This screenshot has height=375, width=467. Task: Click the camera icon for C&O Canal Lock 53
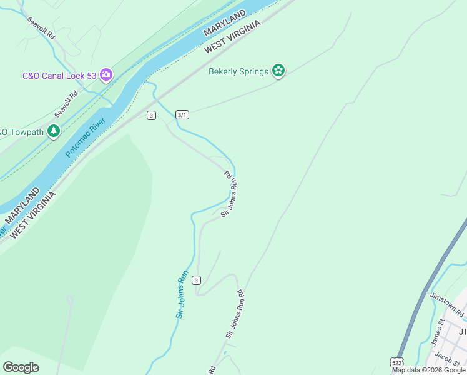click(106, 75)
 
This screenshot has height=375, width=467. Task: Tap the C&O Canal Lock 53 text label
click(59, 76)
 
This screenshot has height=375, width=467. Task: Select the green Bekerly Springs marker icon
click(278, 71)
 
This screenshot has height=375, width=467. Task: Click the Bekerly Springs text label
click(238, 71)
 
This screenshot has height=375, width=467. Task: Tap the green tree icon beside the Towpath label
click(54, 131)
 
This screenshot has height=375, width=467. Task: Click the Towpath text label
click(21, 132)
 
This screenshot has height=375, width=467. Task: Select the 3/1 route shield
click(182, 115)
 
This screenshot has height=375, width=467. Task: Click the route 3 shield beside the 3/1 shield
click(151, 115)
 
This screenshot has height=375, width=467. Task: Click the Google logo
click(21, 367)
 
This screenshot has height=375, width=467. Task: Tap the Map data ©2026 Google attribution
click(429, 371)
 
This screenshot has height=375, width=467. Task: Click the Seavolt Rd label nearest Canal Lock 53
click(66, 104)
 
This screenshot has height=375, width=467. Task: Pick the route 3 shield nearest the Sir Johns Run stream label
click(197, 279)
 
